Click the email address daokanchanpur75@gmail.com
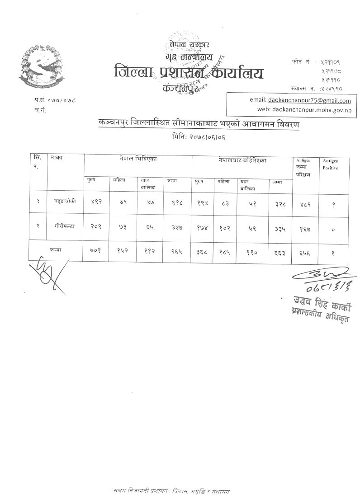tap(309, 101)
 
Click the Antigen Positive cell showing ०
tap(333, 229)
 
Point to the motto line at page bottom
tap(171, 491)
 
